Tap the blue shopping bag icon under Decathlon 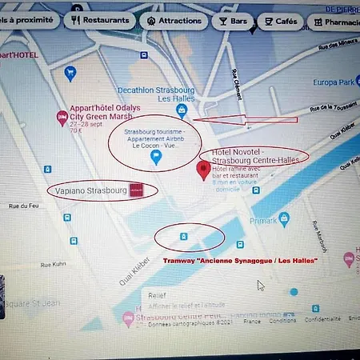(182, 110)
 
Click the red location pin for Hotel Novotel (204, 170)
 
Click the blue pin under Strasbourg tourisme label (157, 158)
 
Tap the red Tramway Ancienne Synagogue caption (240, 261)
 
